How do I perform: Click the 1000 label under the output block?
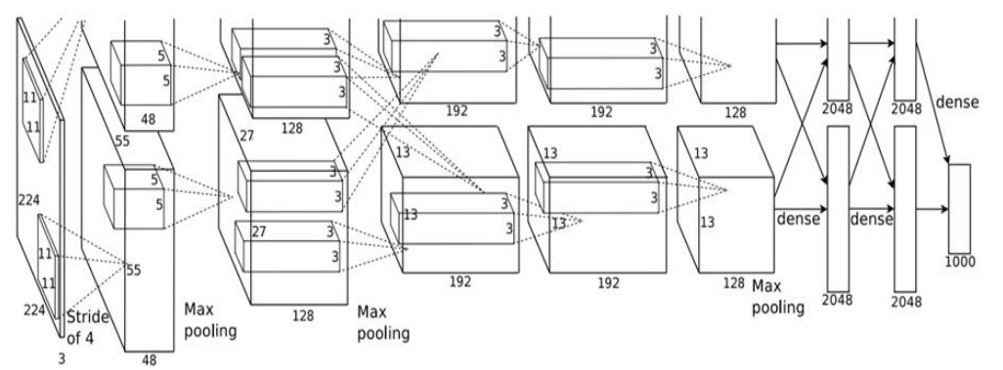point(960,262)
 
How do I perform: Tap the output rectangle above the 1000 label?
point(959,209)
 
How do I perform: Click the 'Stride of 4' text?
point(88,327)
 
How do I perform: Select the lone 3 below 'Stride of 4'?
point(62,359)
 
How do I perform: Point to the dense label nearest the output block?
point(957,103)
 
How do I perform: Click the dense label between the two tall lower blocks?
point(871,220)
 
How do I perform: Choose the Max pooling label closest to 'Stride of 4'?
point(210,320)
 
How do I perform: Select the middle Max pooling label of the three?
point(382,323)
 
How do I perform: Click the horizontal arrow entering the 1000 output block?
point(932,209)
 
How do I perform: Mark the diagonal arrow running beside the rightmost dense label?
point(932,103)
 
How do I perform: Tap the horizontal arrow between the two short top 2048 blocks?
point(872,43)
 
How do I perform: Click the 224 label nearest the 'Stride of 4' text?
point(34,310)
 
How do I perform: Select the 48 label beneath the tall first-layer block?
point(149,361)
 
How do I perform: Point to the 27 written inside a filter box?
point(258,231)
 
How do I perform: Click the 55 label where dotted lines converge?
point(133,270)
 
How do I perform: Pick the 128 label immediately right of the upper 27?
point(291,129)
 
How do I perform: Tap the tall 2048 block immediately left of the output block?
point(905,209)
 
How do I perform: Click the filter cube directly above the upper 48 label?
point(141,73)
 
